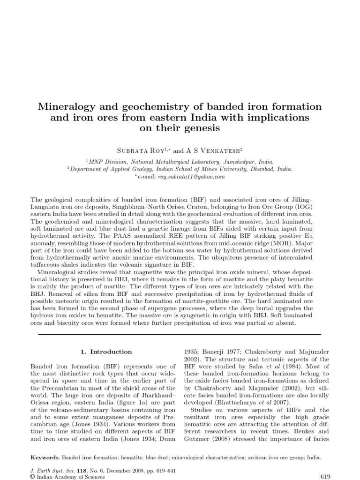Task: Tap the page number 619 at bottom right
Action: click(x=325, y=476)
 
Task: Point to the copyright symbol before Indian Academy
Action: click(x=32, y=477)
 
